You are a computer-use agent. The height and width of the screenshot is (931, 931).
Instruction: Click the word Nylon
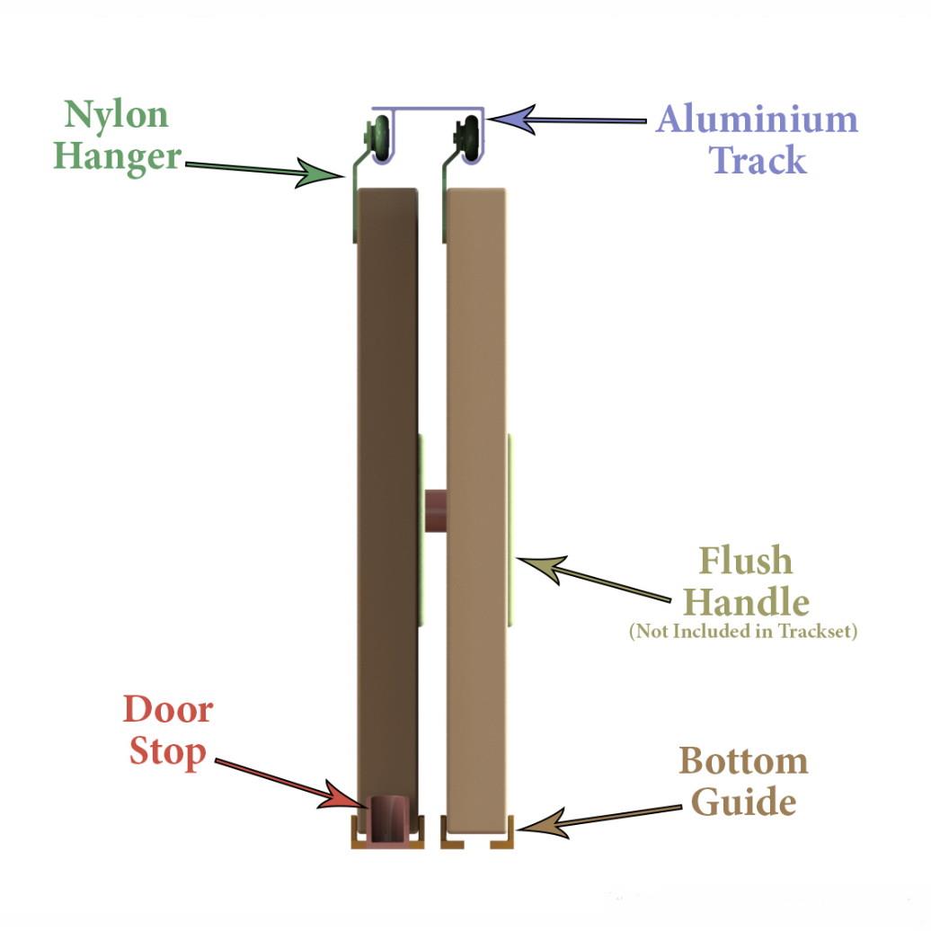tap(117, 114)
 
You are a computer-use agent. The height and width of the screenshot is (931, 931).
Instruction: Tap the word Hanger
tap(117, 156)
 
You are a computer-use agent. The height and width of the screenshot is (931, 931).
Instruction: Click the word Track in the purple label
tap(758, 159)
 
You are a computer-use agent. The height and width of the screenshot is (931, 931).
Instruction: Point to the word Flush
tap(746, 560)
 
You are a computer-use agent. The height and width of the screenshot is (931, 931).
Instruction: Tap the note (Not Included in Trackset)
tap(743, 630)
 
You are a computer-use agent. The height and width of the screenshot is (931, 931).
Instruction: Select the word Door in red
tap(168, 709)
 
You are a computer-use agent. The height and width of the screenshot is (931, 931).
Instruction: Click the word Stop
tap(167, 751)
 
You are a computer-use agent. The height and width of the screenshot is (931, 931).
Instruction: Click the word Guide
tap(743, 802)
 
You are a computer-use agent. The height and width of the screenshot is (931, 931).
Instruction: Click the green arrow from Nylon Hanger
tap(265, 169)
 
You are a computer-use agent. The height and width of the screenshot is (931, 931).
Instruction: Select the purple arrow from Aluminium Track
tap(567, 120)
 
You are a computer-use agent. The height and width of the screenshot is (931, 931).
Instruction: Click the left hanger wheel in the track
tap(379, 139)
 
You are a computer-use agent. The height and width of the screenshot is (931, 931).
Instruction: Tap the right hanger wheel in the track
tap(470, 139)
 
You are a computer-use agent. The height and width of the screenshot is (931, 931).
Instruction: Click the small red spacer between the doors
tap(437, 510)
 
